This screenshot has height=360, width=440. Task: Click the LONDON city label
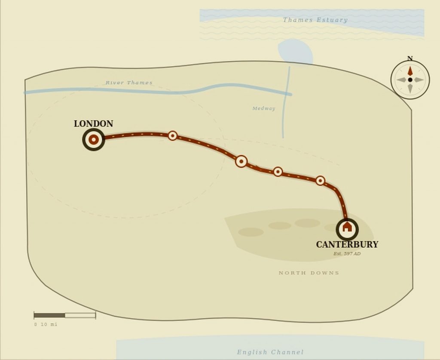(93, 124)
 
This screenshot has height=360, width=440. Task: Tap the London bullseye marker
(93, 140)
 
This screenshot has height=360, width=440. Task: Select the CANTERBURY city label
(347, 245)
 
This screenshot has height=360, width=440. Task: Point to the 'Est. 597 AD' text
(347, 254)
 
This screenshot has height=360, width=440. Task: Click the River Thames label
(129, 83)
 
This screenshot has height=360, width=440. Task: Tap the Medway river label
(264, 109)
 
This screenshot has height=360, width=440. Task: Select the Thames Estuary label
(315, 20)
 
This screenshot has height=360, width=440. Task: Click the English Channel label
(270, 352)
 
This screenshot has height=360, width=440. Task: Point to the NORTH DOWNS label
(309, 273)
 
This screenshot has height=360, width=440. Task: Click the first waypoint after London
(172, 136)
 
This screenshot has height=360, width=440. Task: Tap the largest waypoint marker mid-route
(241, 161)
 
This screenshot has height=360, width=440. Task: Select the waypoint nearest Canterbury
(320, 181)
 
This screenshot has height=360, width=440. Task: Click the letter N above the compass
(410, 59)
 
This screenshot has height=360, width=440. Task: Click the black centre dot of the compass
(410, 80)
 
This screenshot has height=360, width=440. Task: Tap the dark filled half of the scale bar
(49, 315)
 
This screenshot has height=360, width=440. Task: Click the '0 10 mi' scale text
(46, 325)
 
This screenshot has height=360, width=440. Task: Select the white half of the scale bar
(80, 315)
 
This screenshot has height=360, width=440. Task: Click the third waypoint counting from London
(278, 172)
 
